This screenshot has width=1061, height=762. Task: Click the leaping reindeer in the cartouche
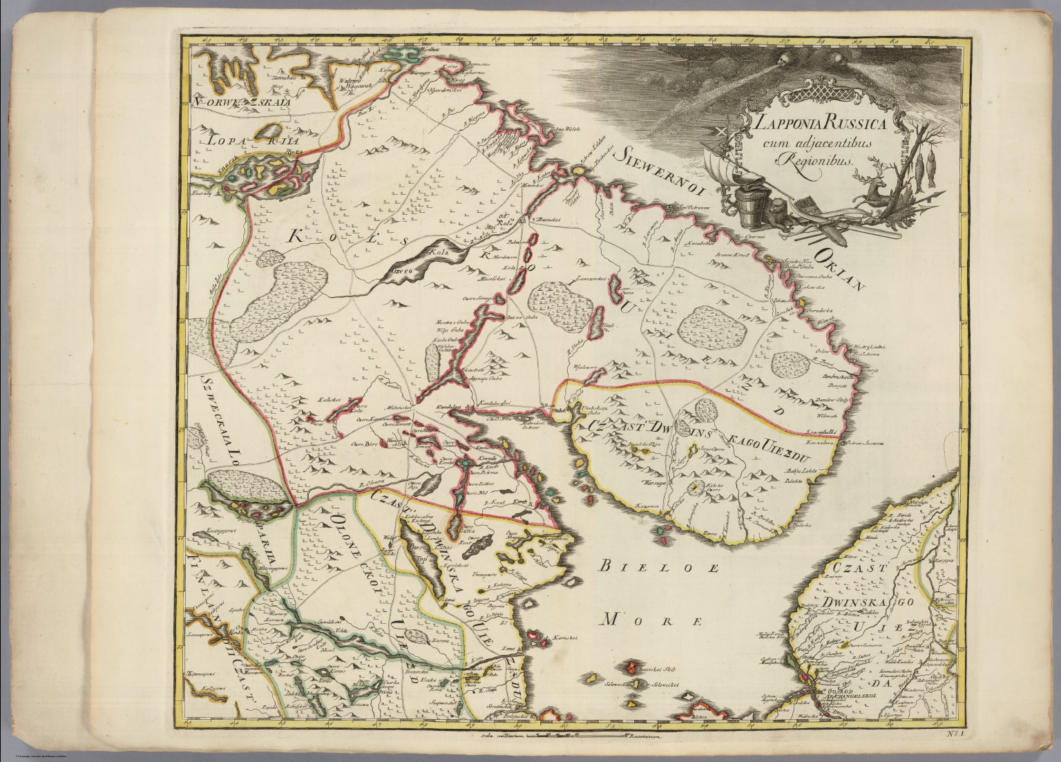tap(872, 188)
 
